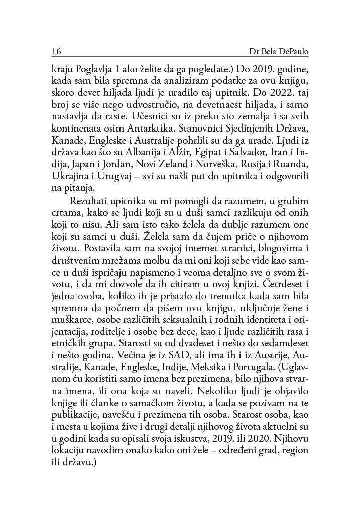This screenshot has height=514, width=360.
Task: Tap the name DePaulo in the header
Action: tap(290, 52)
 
